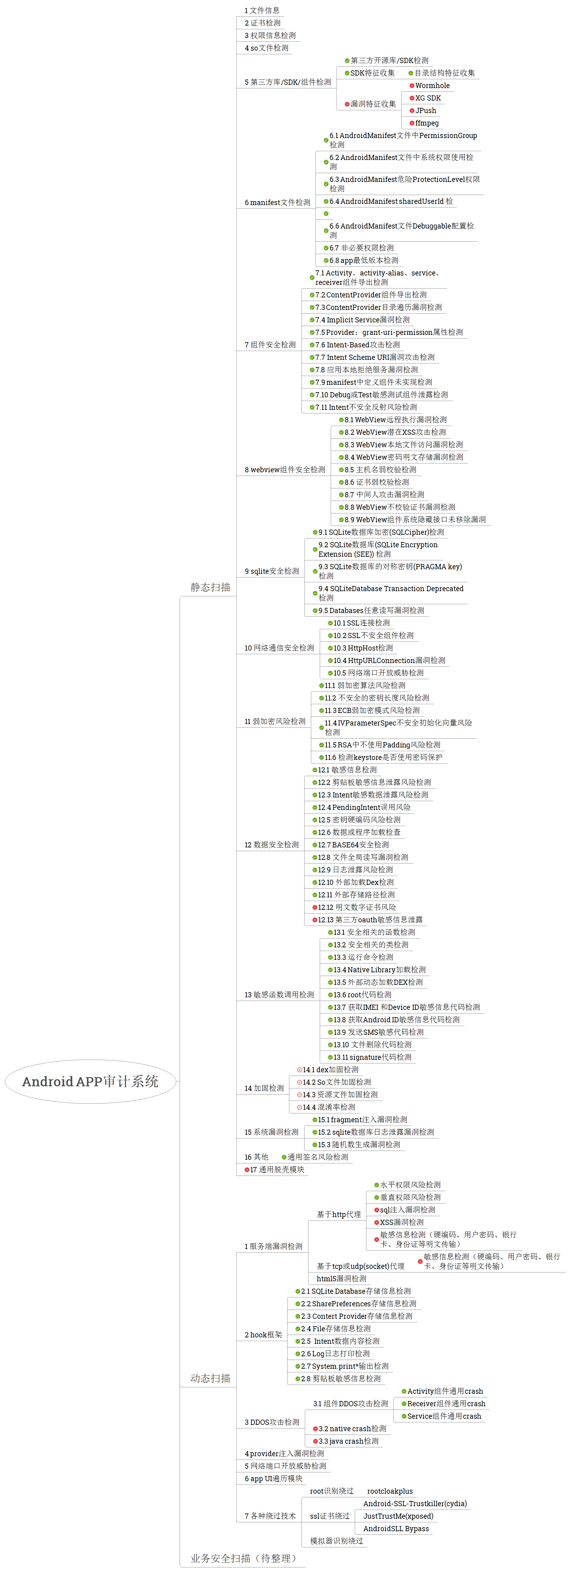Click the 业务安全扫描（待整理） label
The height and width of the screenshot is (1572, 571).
(243, 1558)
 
